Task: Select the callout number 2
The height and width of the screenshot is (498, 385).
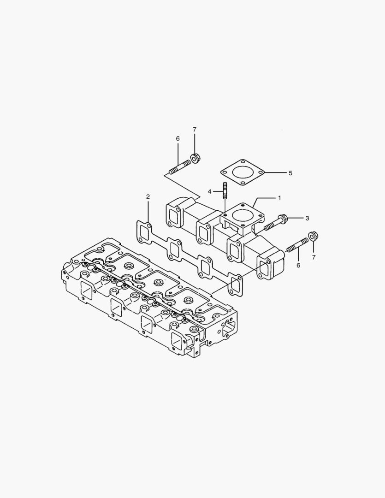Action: (x=148, y=197)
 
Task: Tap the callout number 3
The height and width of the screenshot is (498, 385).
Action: (x=307, y=217)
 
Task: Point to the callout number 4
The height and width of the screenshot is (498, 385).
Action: (x=209, y=191)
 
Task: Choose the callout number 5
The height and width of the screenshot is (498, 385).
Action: (x=290, y=173)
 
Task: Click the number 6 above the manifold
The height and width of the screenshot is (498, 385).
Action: (x=178, y=138)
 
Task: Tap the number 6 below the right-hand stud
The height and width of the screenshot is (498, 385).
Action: (x=298, y=265)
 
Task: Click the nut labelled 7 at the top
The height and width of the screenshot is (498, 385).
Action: (x=195, y=159)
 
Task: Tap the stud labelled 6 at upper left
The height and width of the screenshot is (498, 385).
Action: (x=179, y=167)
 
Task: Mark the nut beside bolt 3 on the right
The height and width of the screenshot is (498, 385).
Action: (x=312, y=237)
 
